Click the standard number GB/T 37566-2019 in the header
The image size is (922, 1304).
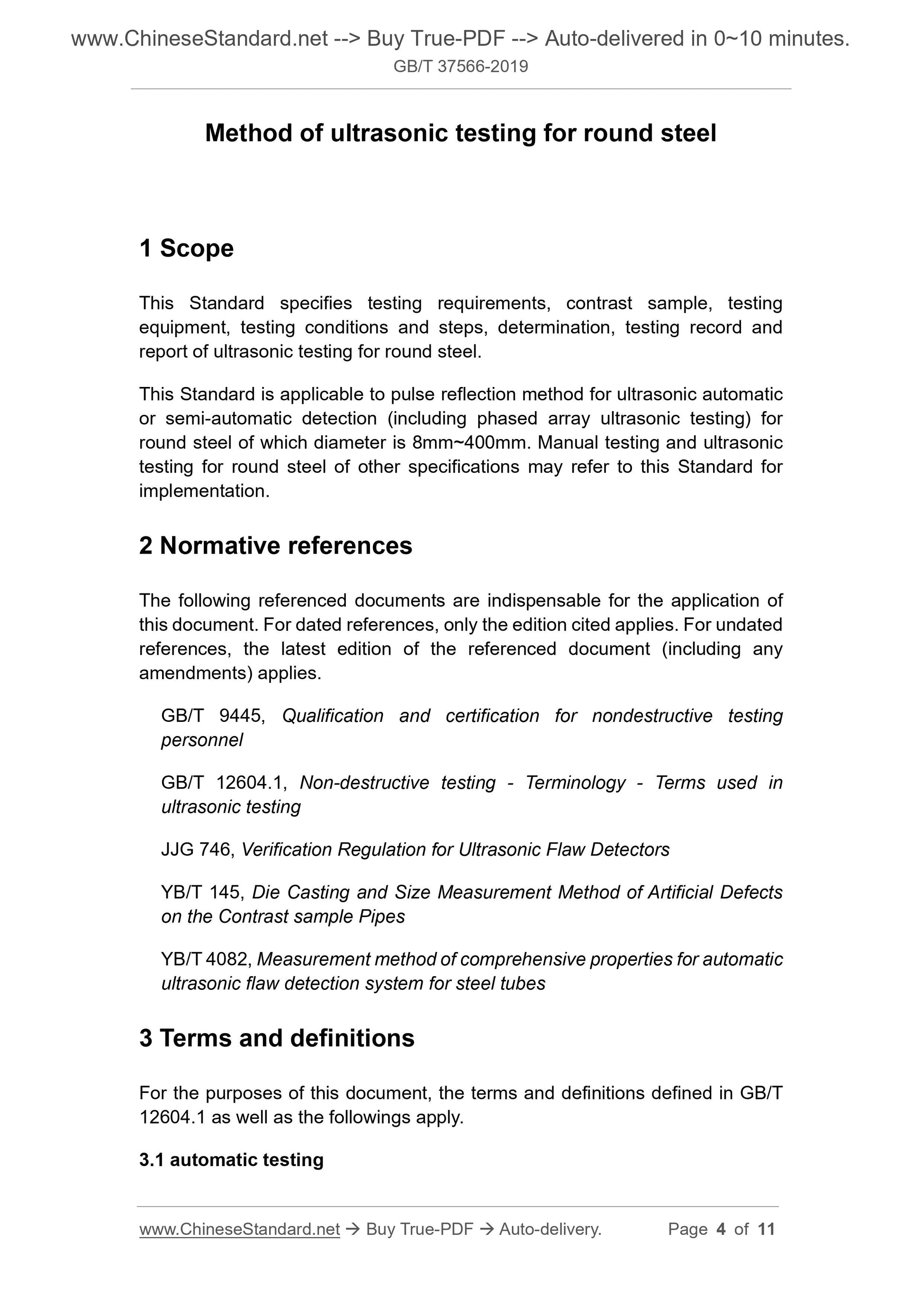point(461,66)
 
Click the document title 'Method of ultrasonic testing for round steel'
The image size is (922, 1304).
point(461,133)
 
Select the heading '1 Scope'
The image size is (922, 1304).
point(186,248)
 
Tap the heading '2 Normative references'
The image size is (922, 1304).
point(276,545)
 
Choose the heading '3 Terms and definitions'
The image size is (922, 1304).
point(277,1038)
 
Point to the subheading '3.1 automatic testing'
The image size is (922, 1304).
point(231,1159)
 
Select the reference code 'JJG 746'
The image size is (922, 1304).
point(197,849)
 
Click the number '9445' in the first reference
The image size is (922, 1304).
point(242,716)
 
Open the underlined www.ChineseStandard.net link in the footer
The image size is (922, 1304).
point(239,1229)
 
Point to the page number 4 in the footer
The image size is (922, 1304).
point(721,1229)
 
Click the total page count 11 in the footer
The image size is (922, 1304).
point(766,1229)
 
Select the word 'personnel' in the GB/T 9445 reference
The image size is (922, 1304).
point(202,740)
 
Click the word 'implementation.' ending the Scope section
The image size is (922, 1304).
point(204,491)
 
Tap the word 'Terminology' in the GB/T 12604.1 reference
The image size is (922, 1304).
point(575,782)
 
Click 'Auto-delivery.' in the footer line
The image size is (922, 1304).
point(550,1229)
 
